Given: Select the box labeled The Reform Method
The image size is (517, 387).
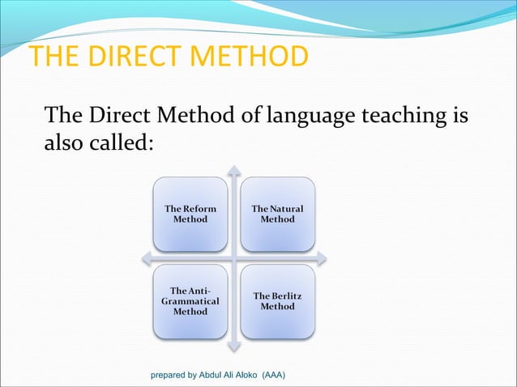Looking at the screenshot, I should tap(190, 214).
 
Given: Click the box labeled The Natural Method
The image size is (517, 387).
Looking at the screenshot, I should tap(277, 214).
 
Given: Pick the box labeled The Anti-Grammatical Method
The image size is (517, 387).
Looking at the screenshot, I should tap(190, 300).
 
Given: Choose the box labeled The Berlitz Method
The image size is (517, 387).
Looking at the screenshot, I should tap(277, 300).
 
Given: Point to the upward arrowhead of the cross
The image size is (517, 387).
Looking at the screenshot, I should tap(234, 170).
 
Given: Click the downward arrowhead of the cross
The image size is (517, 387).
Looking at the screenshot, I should tap(234, 347).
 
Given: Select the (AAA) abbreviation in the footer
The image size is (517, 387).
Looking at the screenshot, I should tap(282, 376).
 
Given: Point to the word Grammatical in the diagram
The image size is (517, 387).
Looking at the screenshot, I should tap(190, 300).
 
